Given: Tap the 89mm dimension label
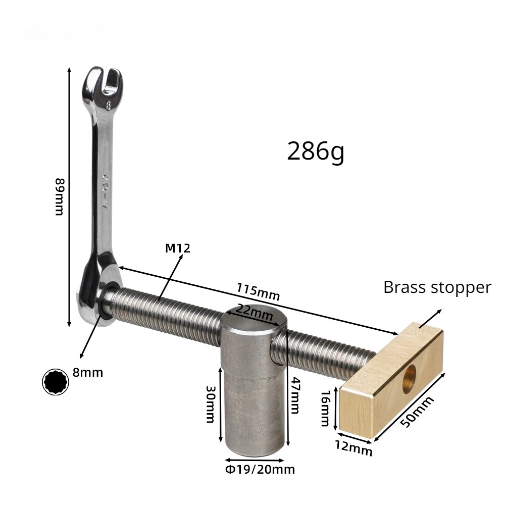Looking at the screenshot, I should pyautogui.click(x=59, y=196).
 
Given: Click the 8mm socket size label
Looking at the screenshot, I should pyautogui.click(x=88, y=373).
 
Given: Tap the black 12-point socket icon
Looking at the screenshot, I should pyautogui.click(x=55, y=382).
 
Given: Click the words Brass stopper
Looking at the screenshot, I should pyautogui.click(x=437, y=288).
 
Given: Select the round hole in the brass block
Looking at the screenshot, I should pyautogui.click(x=409, y=378).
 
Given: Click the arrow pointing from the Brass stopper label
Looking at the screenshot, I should pyautogui.click(x=430, y=318).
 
